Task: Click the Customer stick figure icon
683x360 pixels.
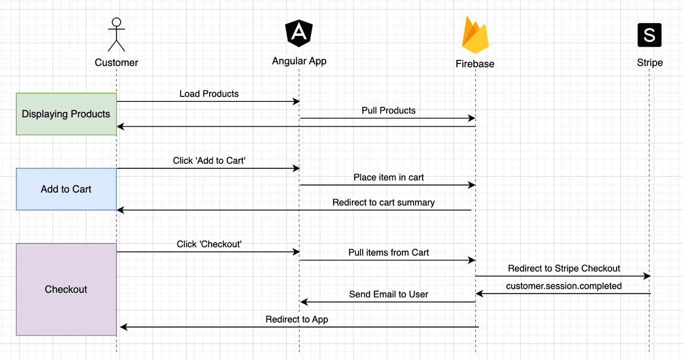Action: tap(116, 34)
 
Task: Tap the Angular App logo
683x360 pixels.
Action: tap(299, 33)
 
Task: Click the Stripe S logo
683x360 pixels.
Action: tap(649, 35)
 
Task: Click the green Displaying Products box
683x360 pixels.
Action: tap(66, 114)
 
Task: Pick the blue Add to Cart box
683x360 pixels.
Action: tap(66, 189)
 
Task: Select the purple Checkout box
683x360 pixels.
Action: tap(66, 289)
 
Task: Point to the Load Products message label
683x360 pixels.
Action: tap(209, 94)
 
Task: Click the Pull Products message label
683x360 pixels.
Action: tap(388, 110)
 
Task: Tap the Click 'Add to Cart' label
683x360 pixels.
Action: tap(209, 160)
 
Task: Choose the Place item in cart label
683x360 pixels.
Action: tap(388, 178)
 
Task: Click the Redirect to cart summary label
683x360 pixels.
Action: tap(384, 203)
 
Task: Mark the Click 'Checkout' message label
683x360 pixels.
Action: tap(209, 244)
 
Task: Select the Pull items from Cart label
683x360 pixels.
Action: tap(388, 253)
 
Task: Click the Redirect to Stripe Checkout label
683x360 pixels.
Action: tap(564, 268)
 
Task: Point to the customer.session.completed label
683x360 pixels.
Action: tap(564, 286)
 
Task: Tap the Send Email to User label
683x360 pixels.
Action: tap(388, 294)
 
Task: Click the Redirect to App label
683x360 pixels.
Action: tap(297, 319)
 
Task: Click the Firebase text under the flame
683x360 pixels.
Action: tap(475, 64)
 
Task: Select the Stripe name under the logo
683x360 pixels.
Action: tap(649, 63)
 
